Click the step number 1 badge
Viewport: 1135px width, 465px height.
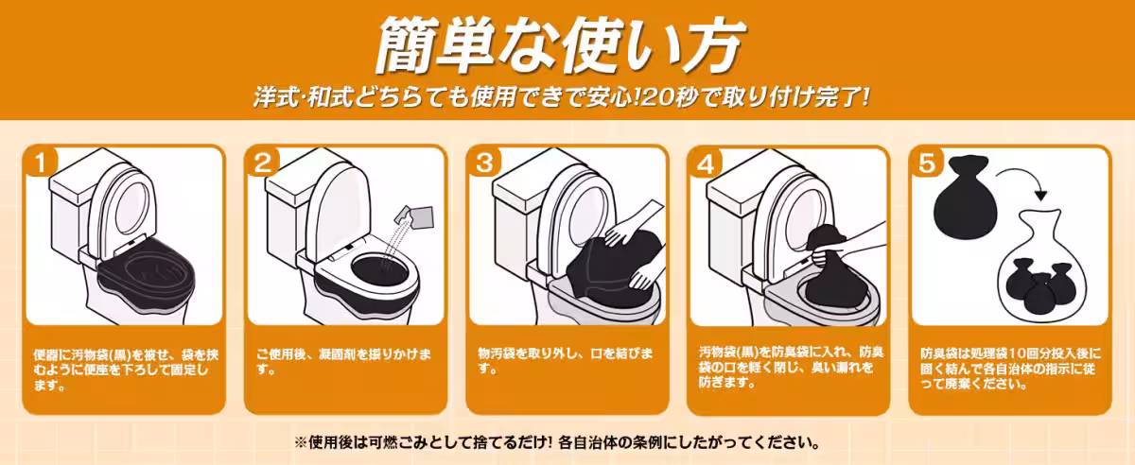click(39, 163)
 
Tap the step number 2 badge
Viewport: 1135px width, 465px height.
click(261, 163)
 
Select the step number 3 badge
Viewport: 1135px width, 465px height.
click(483, 163)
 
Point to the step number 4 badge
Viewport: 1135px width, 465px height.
click(705, 163)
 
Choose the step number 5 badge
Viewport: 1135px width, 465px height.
click(926, 163)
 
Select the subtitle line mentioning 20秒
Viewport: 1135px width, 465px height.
click(559, 97)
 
